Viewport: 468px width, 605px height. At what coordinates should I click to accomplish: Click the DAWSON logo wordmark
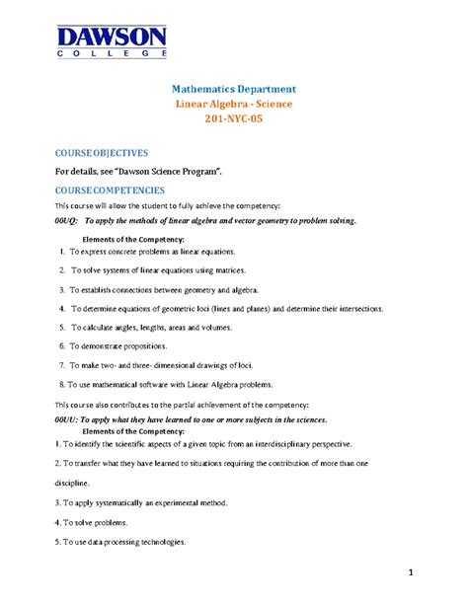tap(112, 39)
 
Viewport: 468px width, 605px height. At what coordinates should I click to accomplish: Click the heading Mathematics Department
tap(234, 89)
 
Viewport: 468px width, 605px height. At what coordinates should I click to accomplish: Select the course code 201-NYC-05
tap(234, 119)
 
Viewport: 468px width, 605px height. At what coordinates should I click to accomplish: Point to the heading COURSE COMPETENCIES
tap(110, 189)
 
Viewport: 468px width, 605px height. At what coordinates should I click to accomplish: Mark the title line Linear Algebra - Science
tap(234, 104)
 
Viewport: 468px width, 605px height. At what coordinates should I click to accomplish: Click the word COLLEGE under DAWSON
tap(112, 55)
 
